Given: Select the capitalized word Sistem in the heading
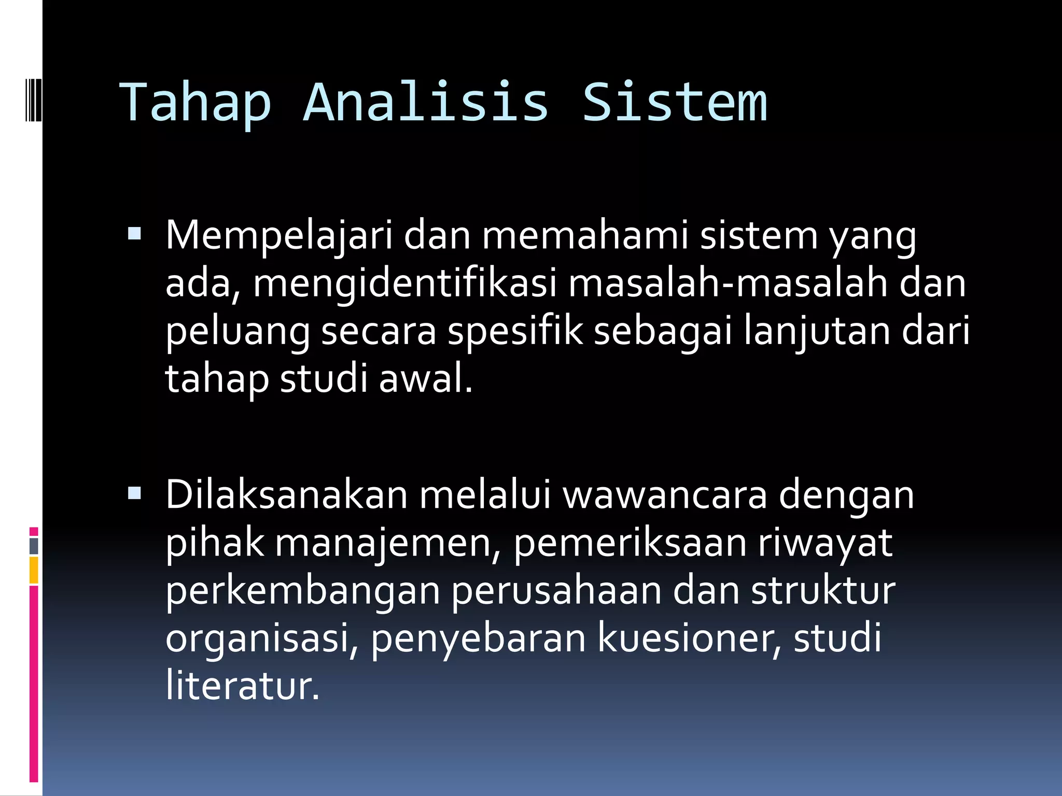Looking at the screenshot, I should tap(674, 102).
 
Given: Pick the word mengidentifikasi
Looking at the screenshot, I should tap(404, 285).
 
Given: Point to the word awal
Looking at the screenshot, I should tap(425, 379).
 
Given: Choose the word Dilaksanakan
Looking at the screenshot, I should tap(286, 495).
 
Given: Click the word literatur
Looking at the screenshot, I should tap(242, 686).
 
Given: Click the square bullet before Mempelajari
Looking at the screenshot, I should tap(134, 234).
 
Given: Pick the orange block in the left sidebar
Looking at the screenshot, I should tap(34, 570).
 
